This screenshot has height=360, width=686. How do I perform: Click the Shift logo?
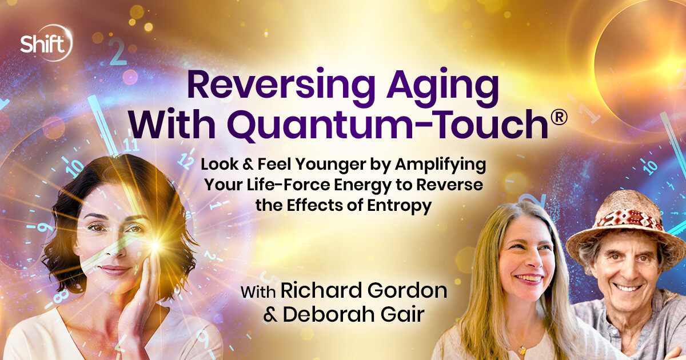(46, 42)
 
